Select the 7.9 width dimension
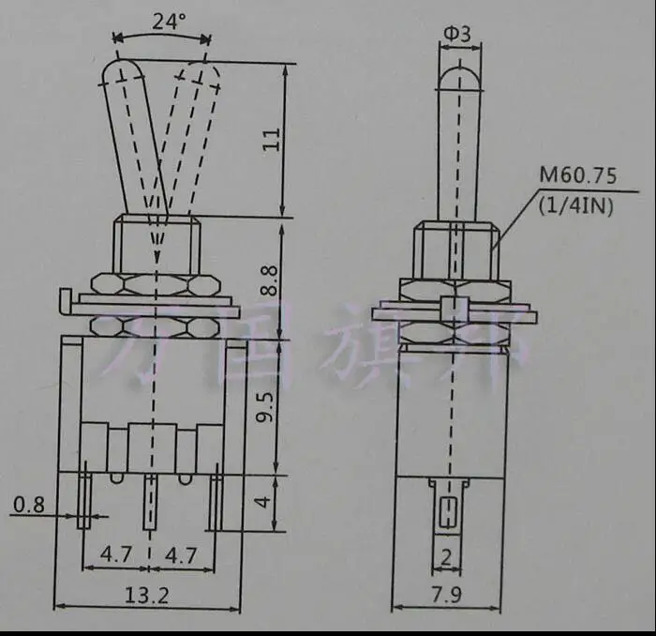[446, 595]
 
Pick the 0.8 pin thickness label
[28, 506]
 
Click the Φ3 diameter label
[456, 35]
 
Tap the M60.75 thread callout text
[574, 175]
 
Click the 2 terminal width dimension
[446, 557]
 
